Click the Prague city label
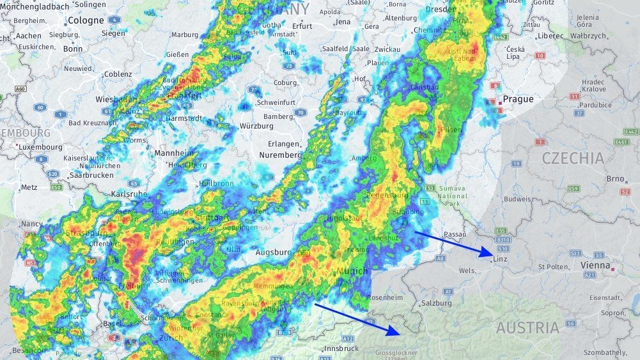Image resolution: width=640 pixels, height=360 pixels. [x=518, y=99]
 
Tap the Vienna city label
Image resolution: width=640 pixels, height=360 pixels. [x=595, y=265]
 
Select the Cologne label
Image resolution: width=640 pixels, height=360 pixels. [x=86, y=20]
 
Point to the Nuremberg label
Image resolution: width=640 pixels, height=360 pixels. [x=280, y=155]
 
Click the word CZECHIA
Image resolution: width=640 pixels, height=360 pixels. [x=572, y=158]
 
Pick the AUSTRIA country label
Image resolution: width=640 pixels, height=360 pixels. [x=527, y=328]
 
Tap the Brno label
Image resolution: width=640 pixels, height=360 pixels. [x=614, y=178]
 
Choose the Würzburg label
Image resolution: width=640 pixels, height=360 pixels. [x=256, y=126]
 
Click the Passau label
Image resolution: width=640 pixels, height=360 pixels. [x=455, y=234]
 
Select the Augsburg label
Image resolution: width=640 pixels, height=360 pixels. [x=273, y=253]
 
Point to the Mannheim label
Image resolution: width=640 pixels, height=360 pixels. [x=173, y=153]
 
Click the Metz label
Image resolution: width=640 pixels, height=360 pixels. [x=29, y=187]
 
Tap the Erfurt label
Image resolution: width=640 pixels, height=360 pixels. [x=301, y=26]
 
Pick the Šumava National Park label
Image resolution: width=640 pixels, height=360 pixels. [x=453, y=196]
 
